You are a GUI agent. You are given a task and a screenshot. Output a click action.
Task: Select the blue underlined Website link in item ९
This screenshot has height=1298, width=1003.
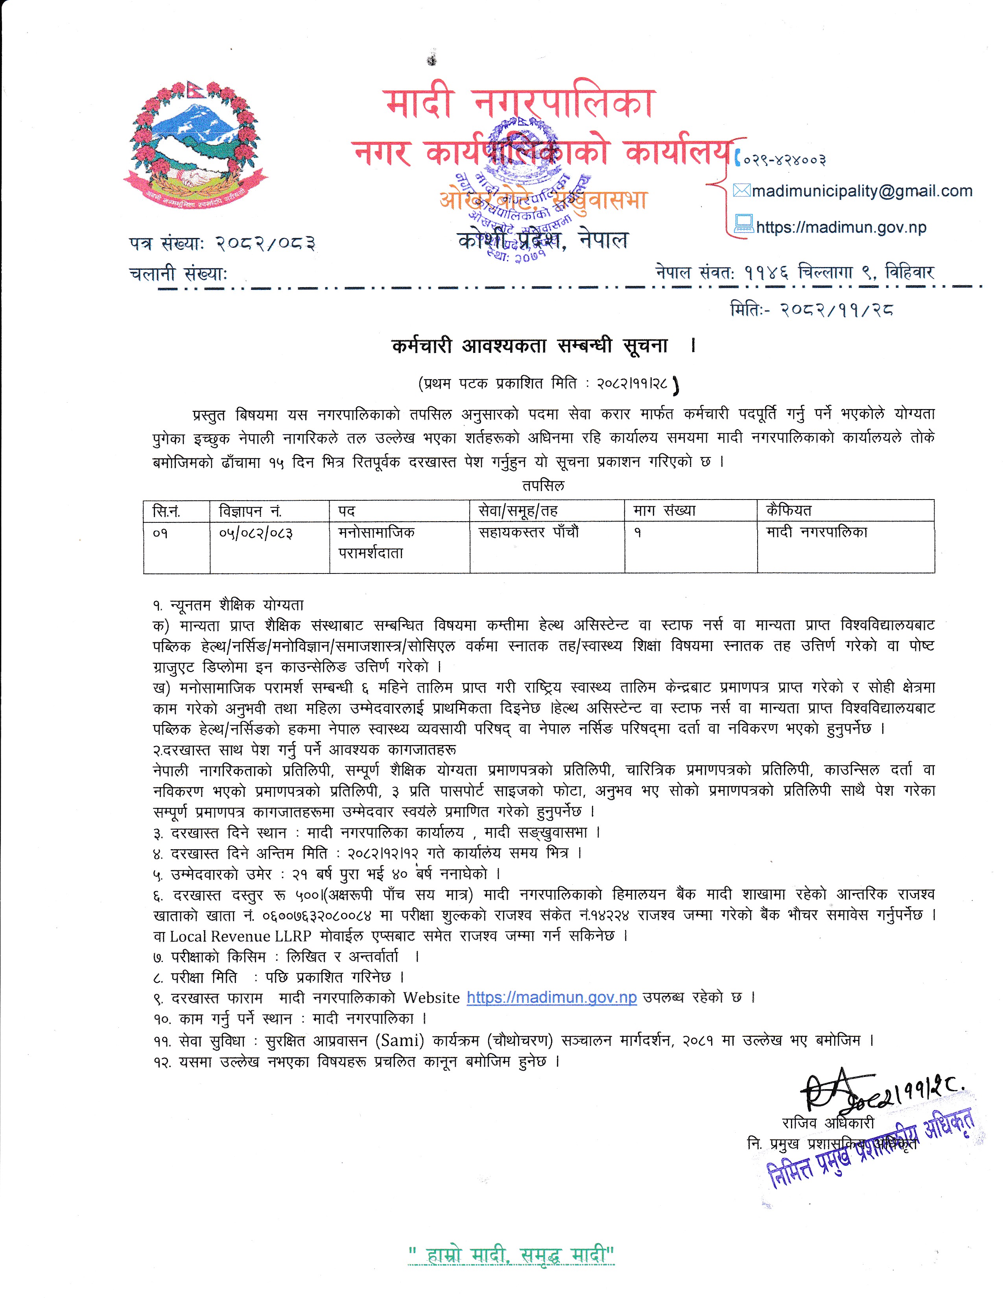click(551, 997)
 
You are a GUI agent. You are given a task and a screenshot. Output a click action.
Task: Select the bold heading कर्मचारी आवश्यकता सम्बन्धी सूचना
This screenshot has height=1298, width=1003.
click(530, 346)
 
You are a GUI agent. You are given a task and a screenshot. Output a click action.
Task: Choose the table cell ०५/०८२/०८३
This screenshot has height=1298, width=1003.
click(256, 533)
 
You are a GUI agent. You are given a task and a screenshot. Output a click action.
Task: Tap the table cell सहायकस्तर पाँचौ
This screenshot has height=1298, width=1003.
click(528, 533)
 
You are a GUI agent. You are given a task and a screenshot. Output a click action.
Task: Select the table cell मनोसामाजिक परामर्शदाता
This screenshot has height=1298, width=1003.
click(376, 542)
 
